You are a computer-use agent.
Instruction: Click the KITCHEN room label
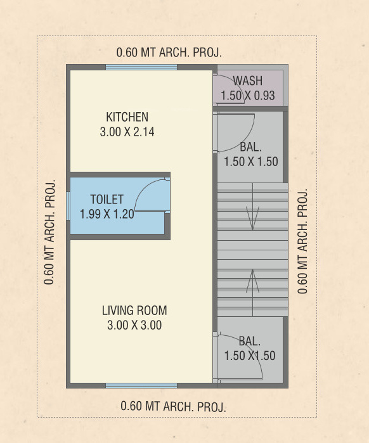[x=127, y=117]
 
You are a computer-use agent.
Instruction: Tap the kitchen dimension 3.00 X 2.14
[x=127, y=132]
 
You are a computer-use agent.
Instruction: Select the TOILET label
[x=107, y=199]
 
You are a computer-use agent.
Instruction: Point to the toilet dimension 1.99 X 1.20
[x=107, y=214]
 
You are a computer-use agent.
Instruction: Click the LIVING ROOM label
[x=134, y=311]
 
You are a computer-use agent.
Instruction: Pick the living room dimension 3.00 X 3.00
[x=134, y=326]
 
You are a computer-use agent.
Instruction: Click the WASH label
[x=248, y=80]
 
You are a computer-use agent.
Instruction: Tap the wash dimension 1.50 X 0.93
[x=248, y=95]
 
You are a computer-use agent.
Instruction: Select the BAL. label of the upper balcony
[x=250, y=147]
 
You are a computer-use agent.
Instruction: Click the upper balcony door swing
[x=235, y=132]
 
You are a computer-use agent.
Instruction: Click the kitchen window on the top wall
[x=141, y=67]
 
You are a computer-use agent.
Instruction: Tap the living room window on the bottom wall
[x=141, y=385]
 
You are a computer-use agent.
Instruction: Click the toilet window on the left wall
[x=68, y=205]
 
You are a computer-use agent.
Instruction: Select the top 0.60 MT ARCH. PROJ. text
[x=169, y=53]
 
